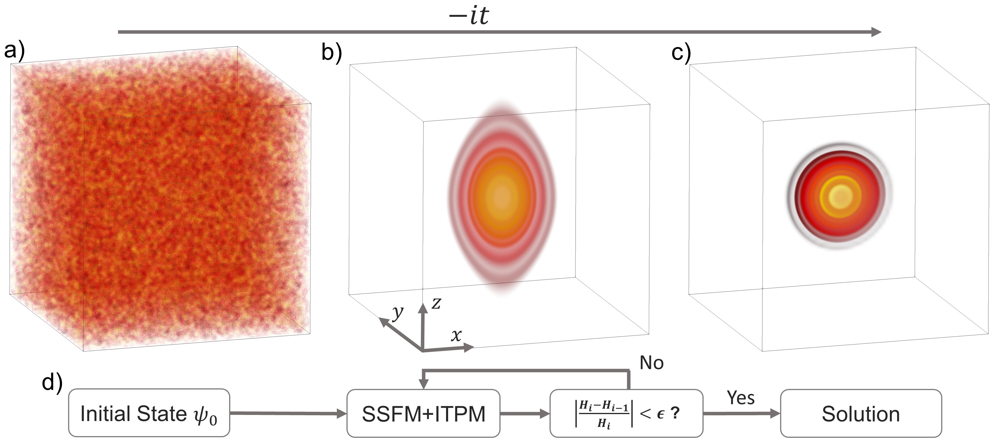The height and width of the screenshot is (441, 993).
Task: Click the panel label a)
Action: point(14,50)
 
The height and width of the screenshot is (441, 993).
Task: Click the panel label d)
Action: point(52,383)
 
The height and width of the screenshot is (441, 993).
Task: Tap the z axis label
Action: point(436,304)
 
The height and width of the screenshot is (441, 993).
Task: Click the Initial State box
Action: point(149,413)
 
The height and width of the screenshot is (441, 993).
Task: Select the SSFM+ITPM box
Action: point(423,413)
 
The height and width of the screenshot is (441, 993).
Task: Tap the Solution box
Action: point(861,413)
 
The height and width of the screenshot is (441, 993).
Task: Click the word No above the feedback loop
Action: point(651,363)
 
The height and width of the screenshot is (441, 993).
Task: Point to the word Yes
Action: point(740,398)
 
